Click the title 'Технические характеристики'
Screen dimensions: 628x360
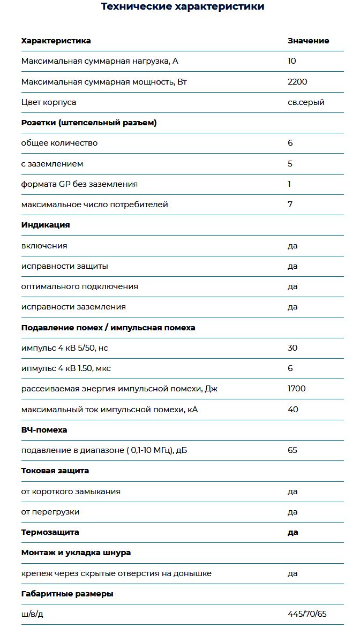(183, 7)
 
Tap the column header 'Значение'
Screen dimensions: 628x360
(308, 41)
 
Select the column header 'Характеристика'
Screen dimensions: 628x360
(56, 41)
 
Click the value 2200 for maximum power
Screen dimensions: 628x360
(297, 82)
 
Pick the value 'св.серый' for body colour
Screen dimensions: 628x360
(306, 102)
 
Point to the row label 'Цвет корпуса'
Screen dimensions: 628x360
(49, 102)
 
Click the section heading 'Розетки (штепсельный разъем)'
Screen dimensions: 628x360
(89, 123)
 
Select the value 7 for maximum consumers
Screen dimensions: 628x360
(290, 205)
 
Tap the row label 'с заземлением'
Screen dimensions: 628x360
(52, 164)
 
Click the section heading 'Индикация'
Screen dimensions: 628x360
(46, 225)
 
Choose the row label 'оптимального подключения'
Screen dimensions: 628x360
(80, 286)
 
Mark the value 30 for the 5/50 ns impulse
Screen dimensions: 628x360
(292, 348)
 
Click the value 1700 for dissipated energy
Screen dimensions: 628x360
(297, 389)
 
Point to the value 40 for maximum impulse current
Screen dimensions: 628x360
(293, 410)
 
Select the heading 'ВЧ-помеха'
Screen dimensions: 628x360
(44, 430)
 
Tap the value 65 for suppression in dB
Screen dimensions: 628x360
(292, 450)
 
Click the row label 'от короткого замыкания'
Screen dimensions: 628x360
(71, 491)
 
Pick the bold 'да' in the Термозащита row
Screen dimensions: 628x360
(292, 532)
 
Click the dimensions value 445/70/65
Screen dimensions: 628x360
(307, 614)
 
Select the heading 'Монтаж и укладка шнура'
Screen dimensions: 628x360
(76, 553)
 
